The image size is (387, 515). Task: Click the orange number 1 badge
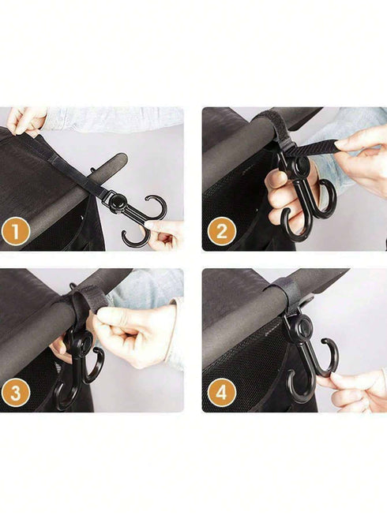(x=16, y=232)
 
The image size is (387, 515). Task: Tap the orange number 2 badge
(x=221, y=232)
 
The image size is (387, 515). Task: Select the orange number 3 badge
(x=16, y=393)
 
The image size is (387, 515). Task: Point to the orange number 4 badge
(x=221, y=393)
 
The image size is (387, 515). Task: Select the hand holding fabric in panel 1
(x=25, y=120)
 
